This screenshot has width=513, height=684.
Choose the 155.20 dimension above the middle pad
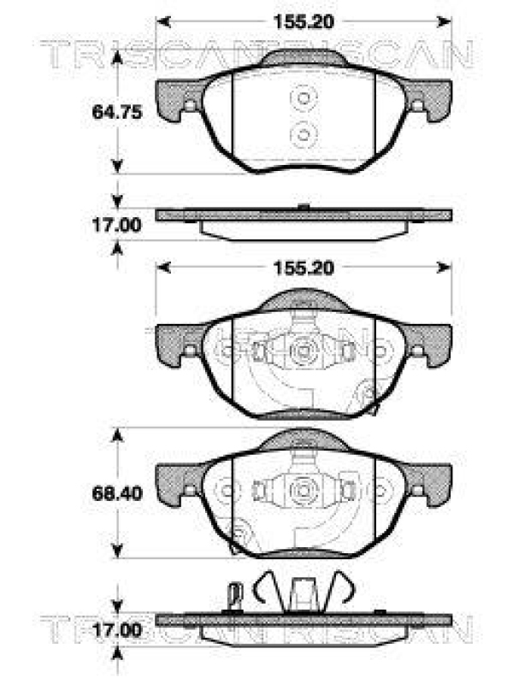tap(304, 268)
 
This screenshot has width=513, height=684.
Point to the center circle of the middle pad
tap(304, 349)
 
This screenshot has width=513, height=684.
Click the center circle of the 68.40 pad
tap(304, 491)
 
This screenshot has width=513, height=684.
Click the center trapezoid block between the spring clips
tap(304, 595)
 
